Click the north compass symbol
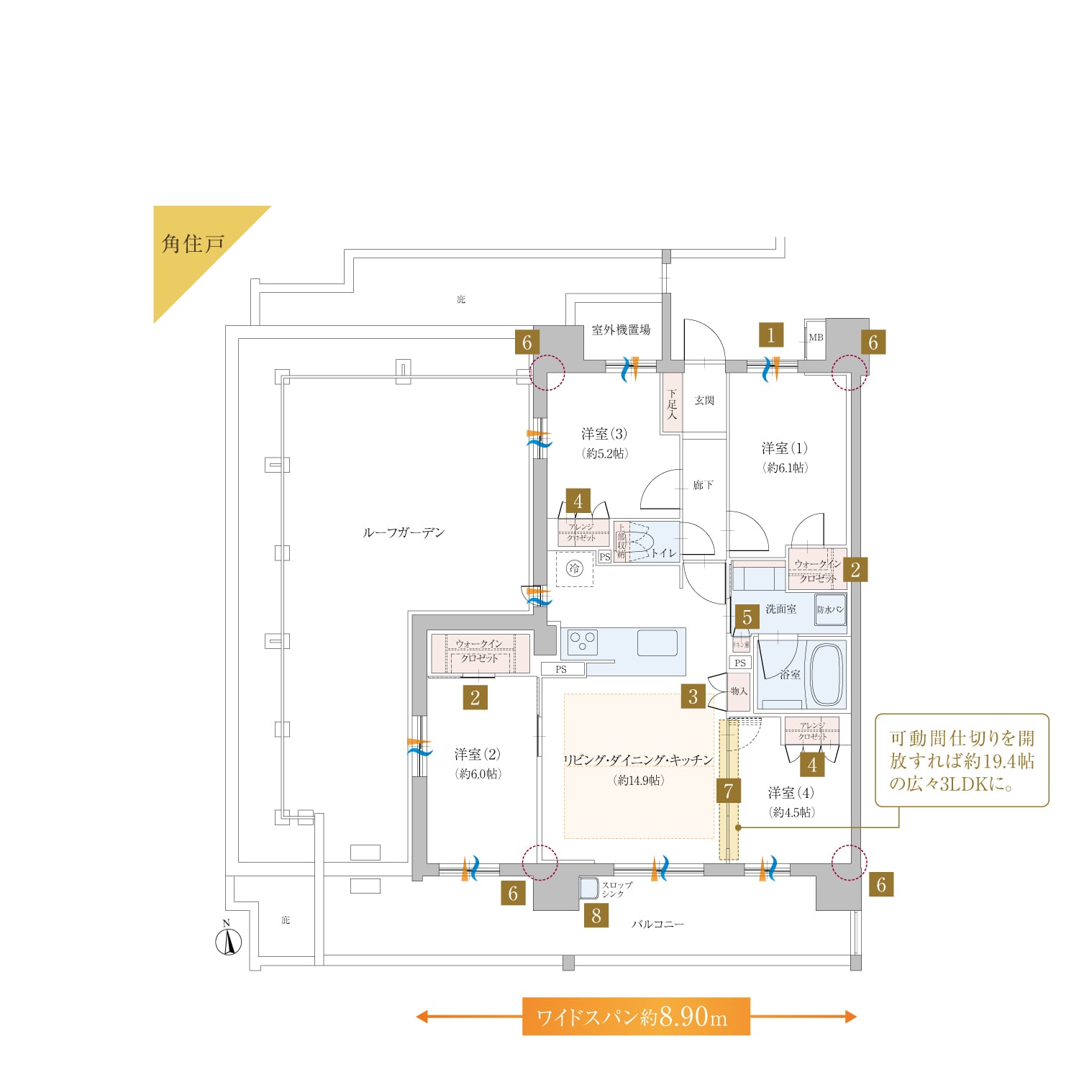coord(229,942)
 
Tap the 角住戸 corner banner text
coord(193,245)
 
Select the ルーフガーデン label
coord(404,532)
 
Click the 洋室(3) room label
coord(604,434)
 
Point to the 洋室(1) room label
coord(784,448)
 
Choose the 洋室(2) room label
coord(477,755)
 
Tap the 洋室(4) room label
coord(791,793)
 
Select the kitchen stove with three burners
coord(582,642)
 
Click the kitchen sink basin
coord(657,642)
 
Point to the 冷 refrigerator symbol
coord(574,569)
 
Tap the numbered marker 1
coord(770,335)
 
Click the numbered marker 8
coord(596,916)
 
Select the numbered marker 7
coord(728,791)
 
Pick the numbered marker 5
coord(747,617)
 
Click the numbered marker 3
coord(693,696)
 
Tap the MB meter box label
coord(816,337)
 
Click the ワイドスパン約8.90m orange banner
coord(636,1017)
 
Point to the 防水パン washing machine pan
coord(830,609)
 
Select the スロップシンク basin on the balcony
coord(589,889)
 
